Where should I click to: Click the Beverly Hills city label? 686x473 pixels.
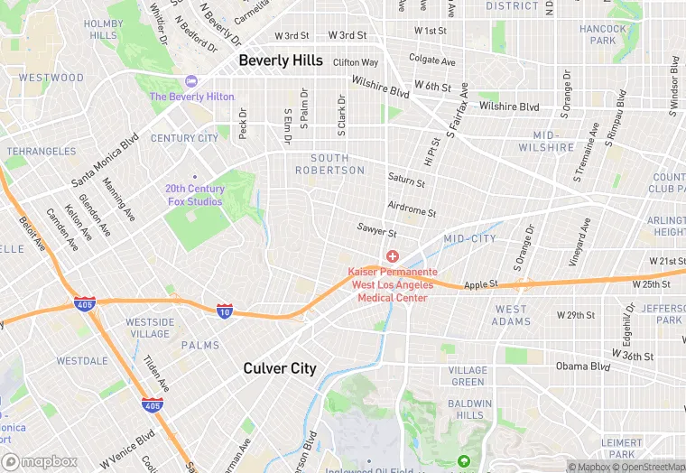[280, 60]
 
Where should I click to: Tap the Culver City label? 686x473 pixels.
[280, 368]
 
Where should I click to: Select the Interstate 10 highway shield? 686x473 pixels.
[224, 311]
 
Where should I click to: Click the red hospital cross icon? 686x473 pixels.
[393, 257]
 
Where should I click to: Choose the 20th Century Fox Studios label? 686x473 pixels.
[194, 195]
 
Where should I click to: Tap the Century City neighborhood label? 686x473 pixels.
[184, 138]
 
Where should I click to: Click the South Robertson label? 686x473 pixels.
[330, 164]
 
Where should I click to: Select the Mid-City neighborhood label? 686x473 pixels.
[469, 238]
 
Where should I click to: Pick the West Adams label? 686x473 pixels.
[511, 315]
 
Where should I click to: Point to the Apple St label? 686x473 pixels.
[481, 285]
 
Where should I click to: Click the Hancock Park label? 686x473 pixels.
[603, 34]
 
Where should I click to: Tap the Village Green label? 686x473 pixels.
[468, 376]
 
